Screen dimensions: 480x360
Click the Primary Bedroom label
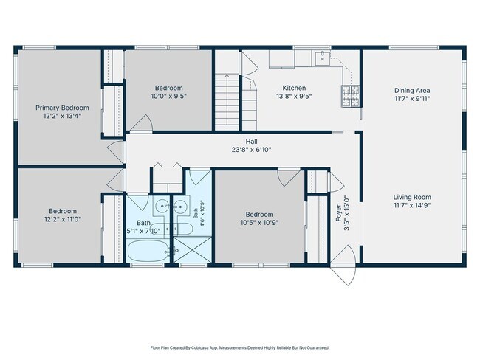pos(62,108)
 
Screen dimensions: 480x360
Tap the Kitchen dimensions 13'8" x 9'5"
pos(294,97)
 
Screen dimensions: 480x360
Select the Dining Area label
pos(412,91)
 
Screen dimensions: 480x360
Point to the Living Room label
pos(412,197)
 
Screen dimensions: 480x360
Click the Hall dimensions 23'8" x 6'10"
pos(251,150)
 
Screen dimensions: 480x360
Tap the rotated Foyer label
pos(338,213)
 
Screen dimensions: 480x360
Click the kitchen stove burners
pos(350,96)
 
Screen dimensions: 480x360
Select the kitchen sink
pos(323,58)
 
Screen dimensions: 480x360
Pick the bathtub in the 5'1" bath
pos(148,251)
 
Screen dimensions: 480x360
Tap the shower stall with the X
pos(192,249)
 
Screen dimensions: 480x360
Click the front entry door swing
pos(343,265)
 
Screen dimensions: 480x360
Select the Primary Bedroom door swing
pos(116,151)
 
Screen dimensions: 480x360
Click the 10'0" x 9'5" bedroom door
pos(142,123)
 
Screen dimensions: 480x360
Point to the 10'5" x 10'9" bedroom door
pos(289,177)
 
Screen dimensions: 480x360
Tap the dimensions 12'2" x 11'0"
pos(62,219)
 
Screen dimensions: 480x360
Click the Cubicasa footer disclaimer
pos(240,347)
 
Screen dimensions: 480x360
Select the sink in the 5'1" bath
pos(162,207)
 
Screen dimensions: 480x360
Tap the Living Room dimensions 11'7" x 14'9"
pos(412,205)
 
